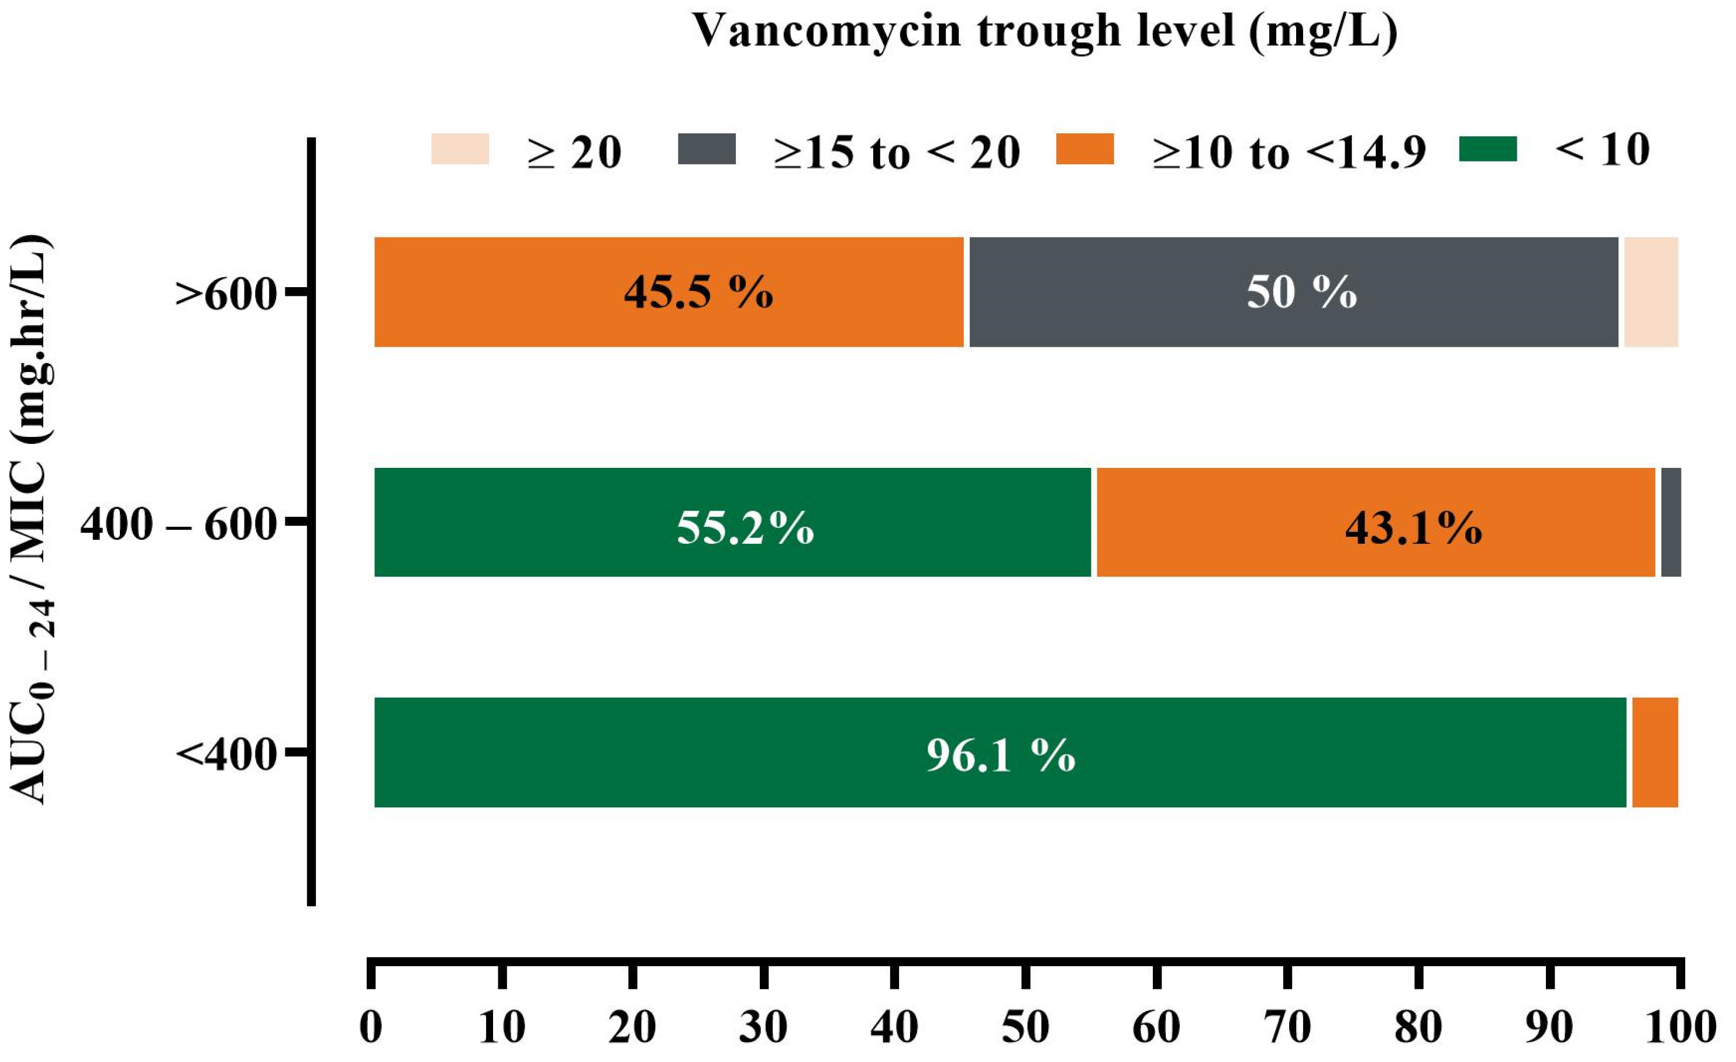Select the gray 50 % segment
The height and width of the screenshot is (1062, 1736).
(1294, 292)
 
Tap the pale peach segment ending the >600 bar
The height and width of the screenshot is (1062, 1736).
(1651, 292)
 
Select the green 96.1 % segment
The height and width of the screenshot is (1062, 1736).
(1000, 752)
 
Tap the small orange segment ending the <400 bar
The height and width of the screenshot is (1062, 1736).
(1654, 752)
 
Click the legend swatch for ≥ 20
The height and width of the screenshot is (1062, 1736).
(460, 149)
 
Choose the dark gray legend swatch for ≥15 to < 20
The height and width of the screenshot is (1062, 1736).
(707, 149)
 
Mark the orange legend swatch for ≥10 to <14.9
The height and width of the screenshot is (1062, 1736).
(1084, 149)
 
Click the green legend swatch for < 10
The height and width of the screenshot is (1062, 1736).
(1487, 149)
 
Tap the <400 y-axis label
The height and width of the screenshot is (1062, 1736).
(225, 755)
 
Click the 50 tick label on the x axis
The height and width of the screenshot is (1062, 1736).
(1026, 1027)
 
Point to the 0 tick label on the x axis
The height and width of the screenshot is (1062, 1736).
(371, 1027)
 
